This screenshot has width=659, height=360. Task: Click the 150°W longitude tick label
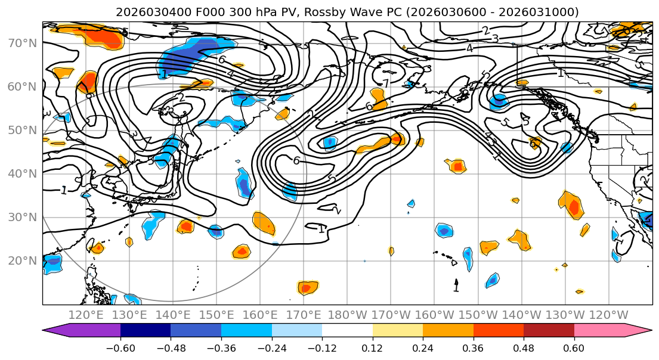(478, 315)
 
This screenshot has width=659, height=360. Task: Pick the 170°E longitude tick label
(304, 315)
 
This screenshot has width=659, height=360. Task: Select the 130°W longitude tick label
(565, 315)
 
